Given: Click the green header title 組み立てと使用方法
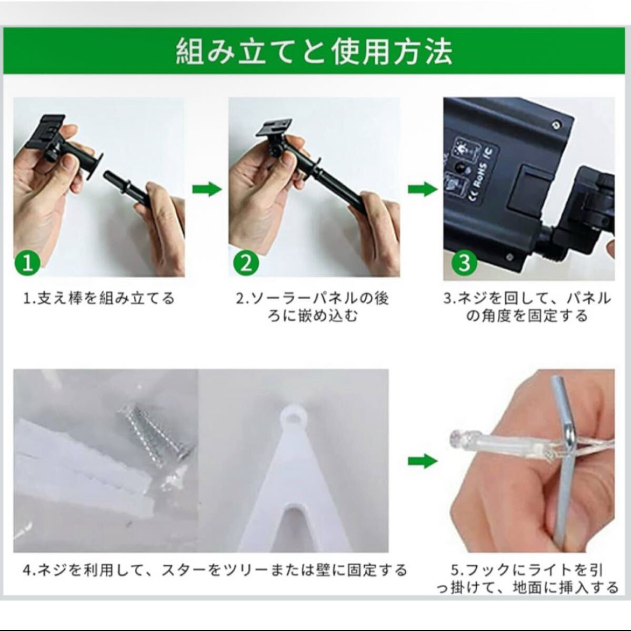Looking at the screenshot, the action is (x=314, y=52).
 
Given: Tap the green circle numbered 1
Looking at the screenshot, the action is (x=27, y=263).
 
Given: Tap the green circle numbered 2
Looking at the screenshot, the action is (x=246, y=263).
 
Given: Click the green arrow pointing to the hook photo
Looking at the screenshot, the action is (x=423, y=461).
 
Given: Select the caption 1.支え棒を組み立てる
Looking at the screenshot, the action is (x=99, y=298).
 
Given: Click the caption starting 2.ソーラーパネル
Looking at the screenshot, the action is (x=313, y=307).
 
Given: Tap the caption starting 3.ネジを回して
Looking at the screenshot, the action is (x=527, y=307).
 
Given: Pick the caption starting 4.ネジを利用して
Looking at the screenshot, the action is (x=215, y=570).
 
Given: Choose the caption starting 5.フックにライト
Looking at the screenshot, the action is (x=527, y=578).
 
